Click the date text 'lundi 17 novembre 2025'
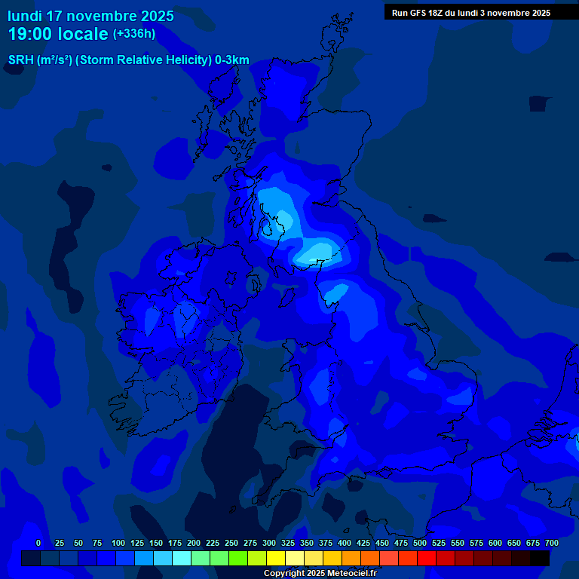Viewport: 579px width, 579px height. (x=90, y=16)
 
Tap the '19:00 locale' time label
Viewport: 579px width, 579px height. (x=57, y=34)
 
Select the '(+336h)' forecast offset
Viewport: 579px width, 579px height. (x=134, y=34)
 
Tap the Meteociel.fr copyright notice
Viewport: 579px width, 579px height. (x=320, y=574)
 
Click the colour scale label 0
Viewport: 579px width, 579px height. (x=38, y=543)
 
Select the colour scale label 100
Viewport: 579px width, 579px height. (x=118, y=543)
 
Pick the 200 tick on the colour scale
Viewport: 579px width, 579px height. (x=194, y=543)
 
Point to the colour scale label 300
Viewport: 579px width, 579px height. (x=269, y=543)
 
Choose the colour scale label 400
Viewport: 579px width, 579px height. (x=345, y=543)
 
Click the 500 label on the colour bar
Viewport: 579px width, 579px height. (x=420, y=543)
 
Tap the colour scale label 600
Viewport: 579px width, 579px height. (x=495, y=543)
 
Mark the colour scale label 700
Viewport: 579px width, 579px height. (x=552, y=543)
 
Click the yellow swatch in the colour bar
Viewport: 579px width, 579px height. (x=276, y=558)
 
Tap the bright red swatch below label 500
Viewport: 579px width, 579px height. (x=427, y=558)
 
